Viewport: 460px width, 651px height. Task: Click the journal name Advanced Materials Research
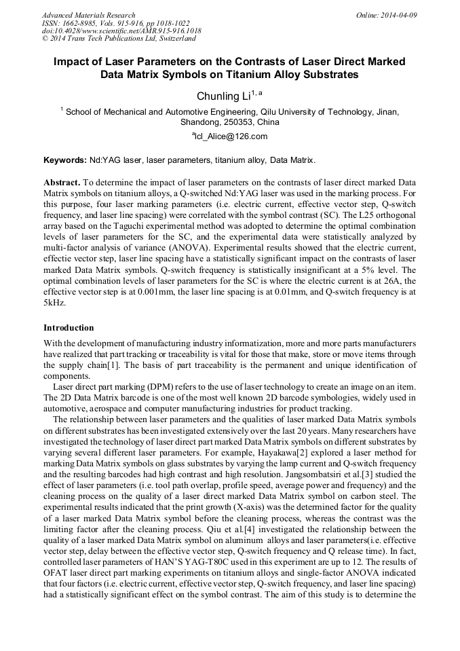click(x=88, y=15)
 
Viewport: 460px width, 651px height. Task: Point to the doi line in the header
click(x=121, y=31)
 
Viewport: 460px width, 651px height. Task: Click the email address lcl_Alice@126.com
click(x=230, y=136)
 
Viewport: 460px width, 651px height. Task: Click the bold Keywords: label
click(x=64, y=161)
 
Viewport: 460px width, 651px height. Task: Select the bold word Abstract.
click(x=62, y=183)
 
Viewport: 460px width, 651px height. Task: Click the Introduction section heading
click(x=69, y=327)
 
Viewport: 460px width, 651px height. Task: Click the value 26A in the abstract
click(x=405, y=281)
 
